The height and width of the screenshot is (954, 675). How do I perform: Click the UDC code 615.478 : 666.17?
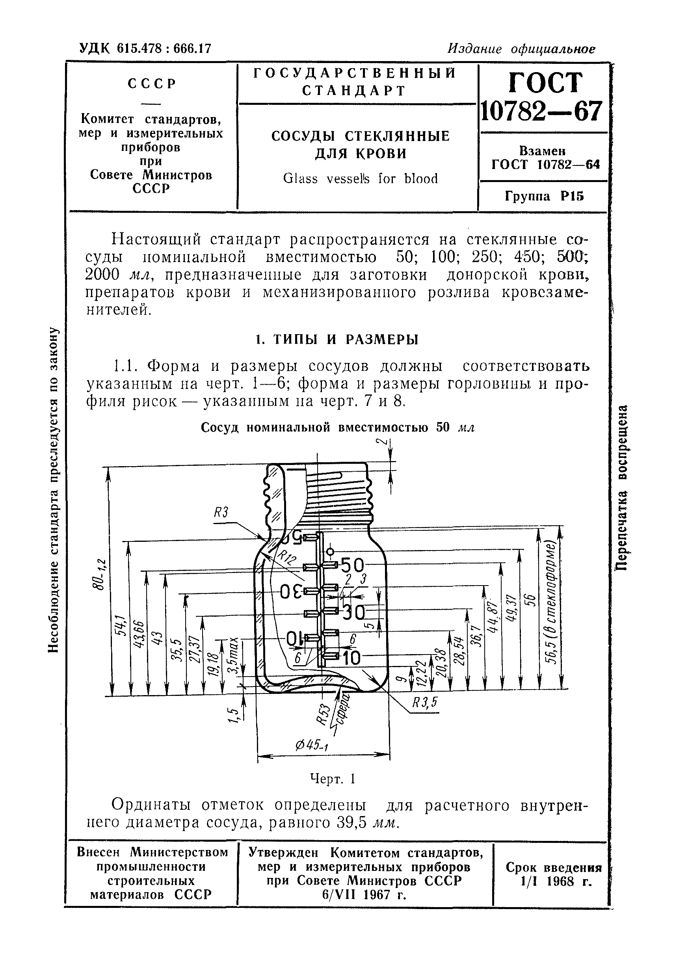click(x=145, y=49)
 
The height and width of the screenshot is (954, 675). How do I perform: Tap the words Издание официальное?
click(x=521, y=49)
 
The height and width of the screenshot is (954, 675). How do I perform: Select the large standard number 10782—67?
click(x=541, y=112)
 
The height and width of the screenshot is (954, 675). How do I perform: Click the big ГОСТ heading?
click(x=545, y=83)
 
